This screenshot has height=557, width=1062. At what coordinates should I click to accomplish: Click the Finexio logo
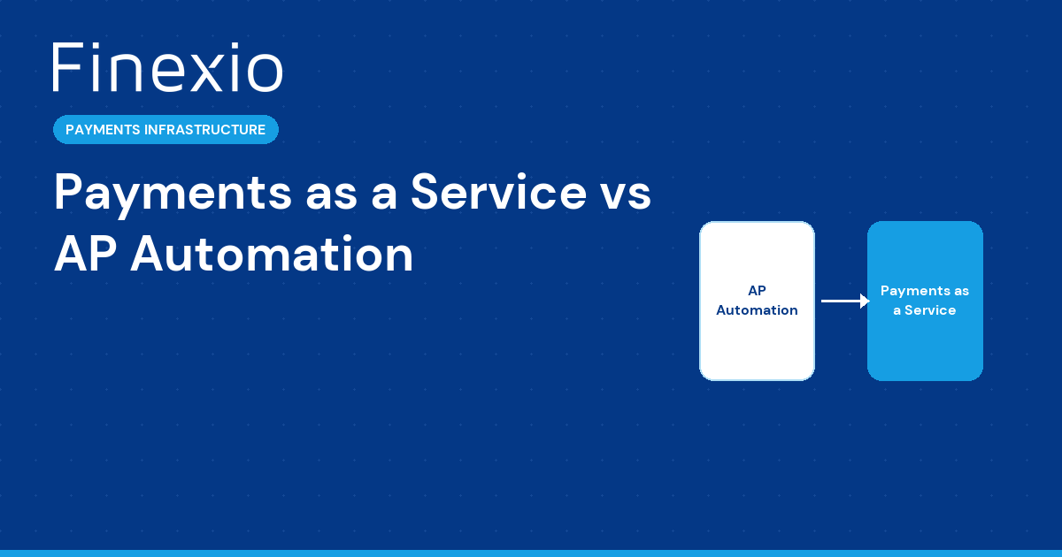pos(167,68)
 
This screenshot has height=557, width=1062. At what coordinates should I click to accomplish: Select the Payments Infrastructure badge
pos(165,130)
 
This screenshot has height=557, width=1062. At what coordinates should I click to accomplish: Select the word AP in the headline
pos(83,255)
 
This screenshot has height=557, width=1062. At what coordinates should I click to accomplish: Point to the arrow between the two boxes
pos(843,301)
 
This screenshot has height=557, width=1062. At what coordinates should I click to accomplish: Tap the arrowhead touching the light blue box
pos(865,301)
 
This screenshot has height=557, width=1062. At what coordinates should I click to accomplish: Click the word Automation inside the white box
pos(757,310)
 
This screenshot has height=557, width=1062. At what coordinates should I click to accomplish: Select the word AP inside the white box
pos(757,291)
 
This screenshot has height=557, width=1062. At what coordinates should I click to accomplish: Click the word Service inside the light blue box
pos(930,310)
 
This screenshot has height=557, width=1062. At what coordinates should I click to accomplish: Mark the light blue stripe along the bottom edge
pos(531,553)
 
